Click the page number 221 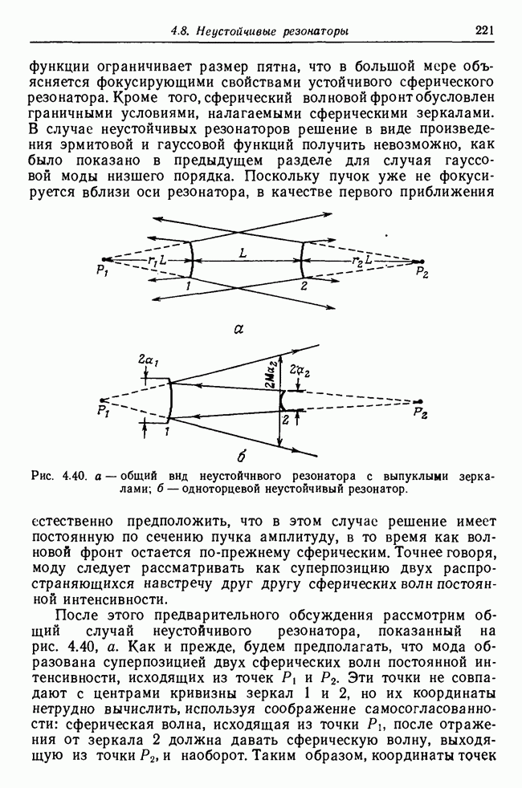483,31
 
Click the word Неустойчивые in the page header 235,32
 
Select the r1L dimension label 157,261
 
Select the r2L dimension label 362,261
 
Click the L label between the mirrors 242,254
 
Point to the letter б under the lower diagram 240,459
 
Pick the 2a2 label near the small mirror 300,372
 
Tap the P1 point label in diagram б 102,412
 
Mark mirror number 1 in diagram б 166,432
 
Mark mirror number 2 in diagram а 304,285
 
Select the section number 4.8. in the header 184,32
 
